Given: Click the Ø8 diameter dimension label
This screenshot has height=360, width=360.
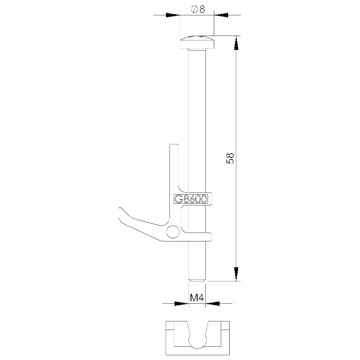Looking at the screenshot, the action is coord(198,9).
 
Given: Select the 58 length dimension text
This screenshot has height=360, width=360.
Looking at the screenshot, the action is coord(230,158).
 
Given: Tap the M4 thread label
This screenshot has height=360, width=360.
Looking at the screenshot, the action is coord(197,298).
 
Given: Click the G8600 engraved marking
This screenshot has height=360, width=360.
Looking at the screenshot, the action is coord(191,199).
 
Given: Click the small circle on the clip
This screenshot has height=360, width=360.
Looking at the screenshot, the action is coord(173,232).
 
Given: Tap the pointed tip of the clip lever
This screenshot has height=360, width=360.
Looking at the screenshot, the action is coord(119,209).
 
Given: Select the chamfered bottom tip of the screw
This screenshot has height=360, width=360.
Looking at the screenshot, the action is coord(197,279).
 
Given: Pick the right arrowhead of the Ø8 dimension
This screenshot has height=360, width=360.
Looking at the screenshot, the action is coord(222,15).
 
